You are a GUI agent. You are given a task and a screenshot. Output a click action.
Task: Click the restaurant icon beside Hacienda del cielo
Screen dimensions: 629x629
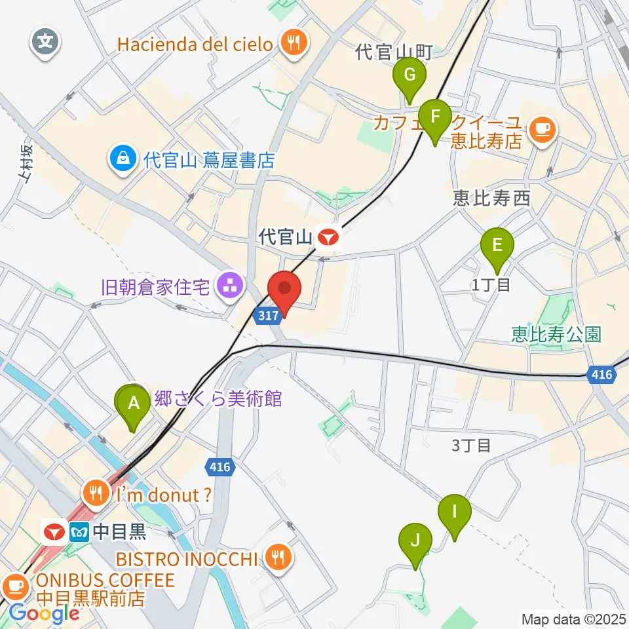290,44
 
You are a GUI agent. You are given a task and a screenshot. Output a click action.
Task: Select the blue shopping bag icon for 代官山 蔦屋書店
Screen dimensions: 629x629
123,159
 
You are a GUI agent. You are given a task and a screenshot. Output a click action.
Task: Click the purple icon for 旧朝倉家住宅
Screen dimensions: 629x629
229,286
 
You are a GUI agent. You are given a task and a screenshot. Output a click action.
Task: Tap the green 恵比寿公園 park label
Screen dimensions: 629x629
556,335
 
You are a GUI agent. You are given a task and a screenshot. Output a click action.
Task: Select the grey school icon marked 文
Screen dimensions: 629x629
45,44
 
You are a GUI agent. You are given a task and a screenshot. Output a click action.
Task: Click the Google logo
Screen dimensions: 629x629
44,614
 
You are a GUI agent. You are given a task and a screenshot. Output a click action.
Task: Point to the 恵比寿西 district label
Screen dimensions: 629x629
491,198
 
